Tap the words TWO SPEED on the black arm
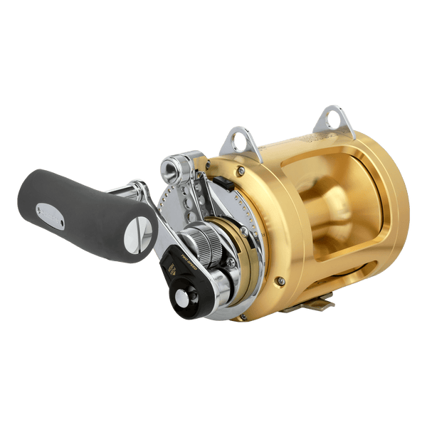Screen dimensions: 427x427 tap(175, 267)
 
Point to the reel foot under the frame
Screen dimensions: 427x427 tap(313, 302)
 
